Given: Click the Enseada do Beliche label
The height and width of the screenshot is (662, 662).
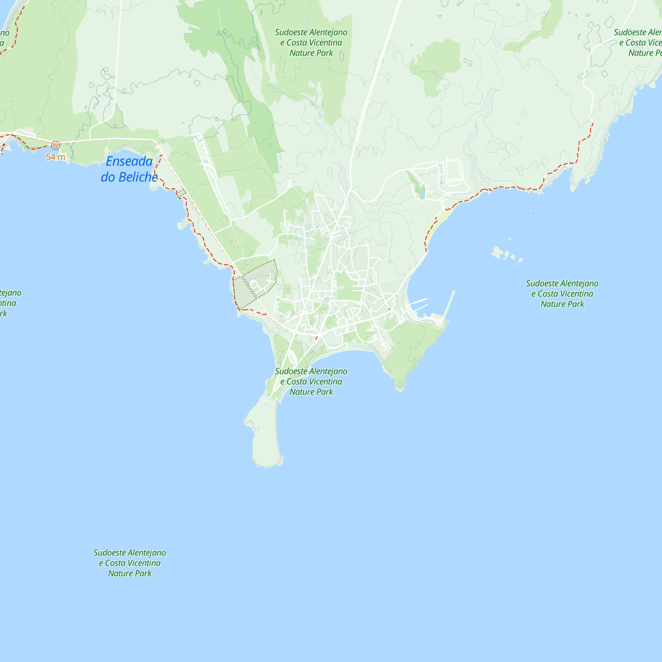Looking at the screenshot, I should point(129,169).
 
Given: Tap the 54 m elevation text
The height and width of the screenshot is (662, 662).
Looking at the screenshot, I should point(56,157).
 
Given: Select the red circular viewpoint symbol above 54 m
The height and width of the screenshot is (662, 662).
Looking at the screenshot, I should point(56,145).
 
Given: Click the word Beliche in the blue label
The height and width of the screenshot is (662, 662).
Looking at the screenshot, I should point(138,177).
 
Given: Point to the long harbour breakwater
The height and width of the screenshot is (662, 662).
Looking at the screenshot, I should point(449,305).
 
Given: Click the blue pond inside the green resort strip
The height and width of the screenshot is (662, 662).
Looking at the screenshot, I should point(422,196).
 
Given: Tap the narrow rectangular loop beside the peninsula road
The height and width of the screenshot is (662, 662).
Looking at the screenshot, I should point(292,357).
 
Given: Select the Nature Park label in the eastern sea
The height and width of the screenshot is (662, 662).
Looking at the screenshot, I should point(562,294).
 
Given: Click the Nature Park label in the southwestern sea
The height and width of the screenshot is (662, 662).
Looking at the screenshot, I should point(129,563).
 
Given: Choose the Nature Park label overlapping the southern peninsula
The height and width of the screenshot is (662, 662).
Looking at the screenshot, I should point(311,381).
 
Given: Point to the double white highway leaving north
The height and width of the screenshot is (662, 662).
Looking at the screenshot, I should point(377,69).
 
